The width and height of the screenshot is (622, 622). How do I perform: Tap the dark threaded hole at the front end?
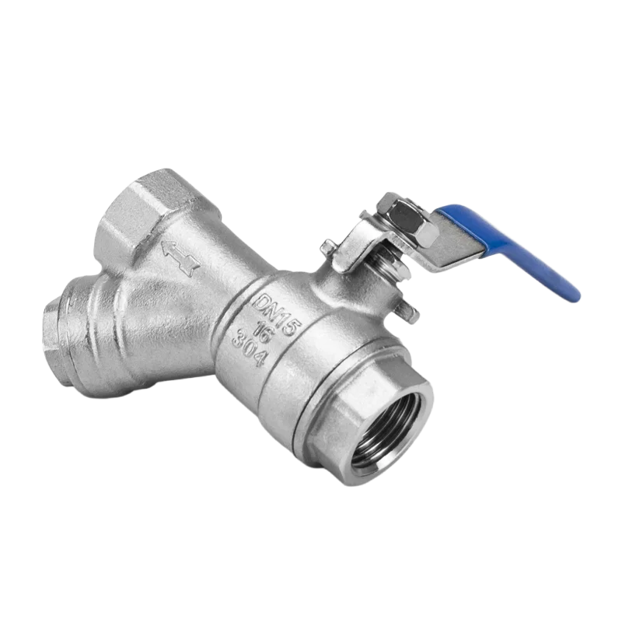click(384, 432)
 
